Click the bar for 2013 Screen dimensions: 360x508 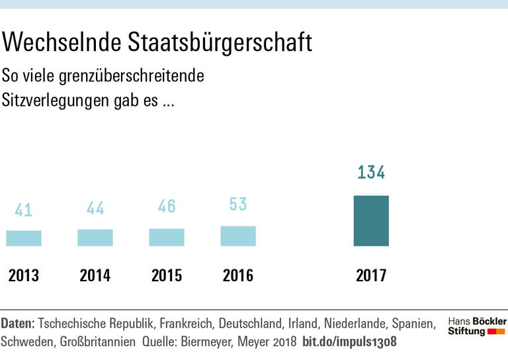pyautogui.click(x=24, y=238)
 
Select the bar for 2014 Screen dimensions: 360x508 pyautogui.click(x=95, y=238)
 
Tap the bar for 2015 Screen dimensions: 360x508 pyautogui.click(x=167, y=237)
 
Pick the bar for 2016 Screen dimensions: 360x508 pyautogui.click(x=238, y=236)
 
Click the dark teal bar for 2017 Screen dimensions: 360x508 pyautogui.click(x=371, y=221)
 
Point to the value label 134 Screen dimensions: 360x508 pyautogui.click(x=371, y=173)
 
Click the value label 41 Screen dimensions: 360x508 pyautogui.click(x=24, y=210)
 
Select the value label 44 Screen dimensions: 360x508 pyautogui.click(x=95, y=208)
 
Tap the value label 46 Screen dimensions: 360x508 pyautogui.click(x=167, y=206)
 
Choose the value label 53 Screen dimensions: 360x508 pyautogui.click(x=238, y=204)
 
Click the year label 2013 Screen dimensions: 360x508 pyautogui.click(x=24, y=275)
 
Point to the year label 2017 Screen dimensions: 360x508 pyautogui.click(x=371, y=275)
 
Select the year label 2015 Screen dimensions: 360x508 pyautogui.click(x=167, y=275)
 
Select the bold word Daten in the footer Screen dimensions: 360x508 pyautogui.click(x=17, y=324)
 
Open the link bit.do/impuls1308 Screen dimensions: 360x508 pyautogui.click(x=349, y=342)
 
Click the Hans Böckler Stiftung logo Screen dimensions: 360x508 pyautogui.click(x=476, y=326)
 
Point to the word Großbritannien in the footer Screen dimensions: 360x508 pyautogui.click(x=98, y=342)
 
